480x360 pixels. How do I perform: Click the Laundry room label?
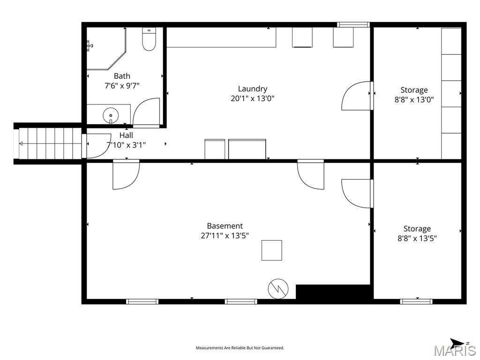[x=252, y=89]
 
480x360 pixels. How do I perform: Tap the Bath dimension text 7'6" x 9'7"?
[x=122, y=86]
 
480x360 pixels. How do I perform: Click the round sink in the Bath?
[x=111, y=115]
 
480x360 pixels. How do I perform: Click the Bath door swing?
[x=146, y=112]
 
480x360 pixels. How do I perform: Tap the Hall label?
[x=126, y=135]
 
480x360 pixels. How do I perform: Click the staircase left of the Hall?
[x=49, y=143]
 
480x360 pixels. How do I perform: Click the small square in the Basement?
[x=271, y=250]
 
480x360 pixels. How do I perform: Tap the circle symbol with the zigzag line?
[x=278, y=288]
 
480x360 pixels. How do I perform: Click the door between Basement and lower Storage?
[x=357, y=193]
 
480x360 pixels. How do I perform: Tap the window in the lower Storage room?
[x=416, y=301]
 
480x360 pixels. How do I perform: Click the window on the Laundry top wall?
[x=353, y=24]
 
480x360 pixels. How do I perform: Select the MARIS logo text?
[x=454, y=351]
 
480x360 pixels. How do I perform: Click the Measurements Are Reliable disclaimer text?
[x=240, y=348]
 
